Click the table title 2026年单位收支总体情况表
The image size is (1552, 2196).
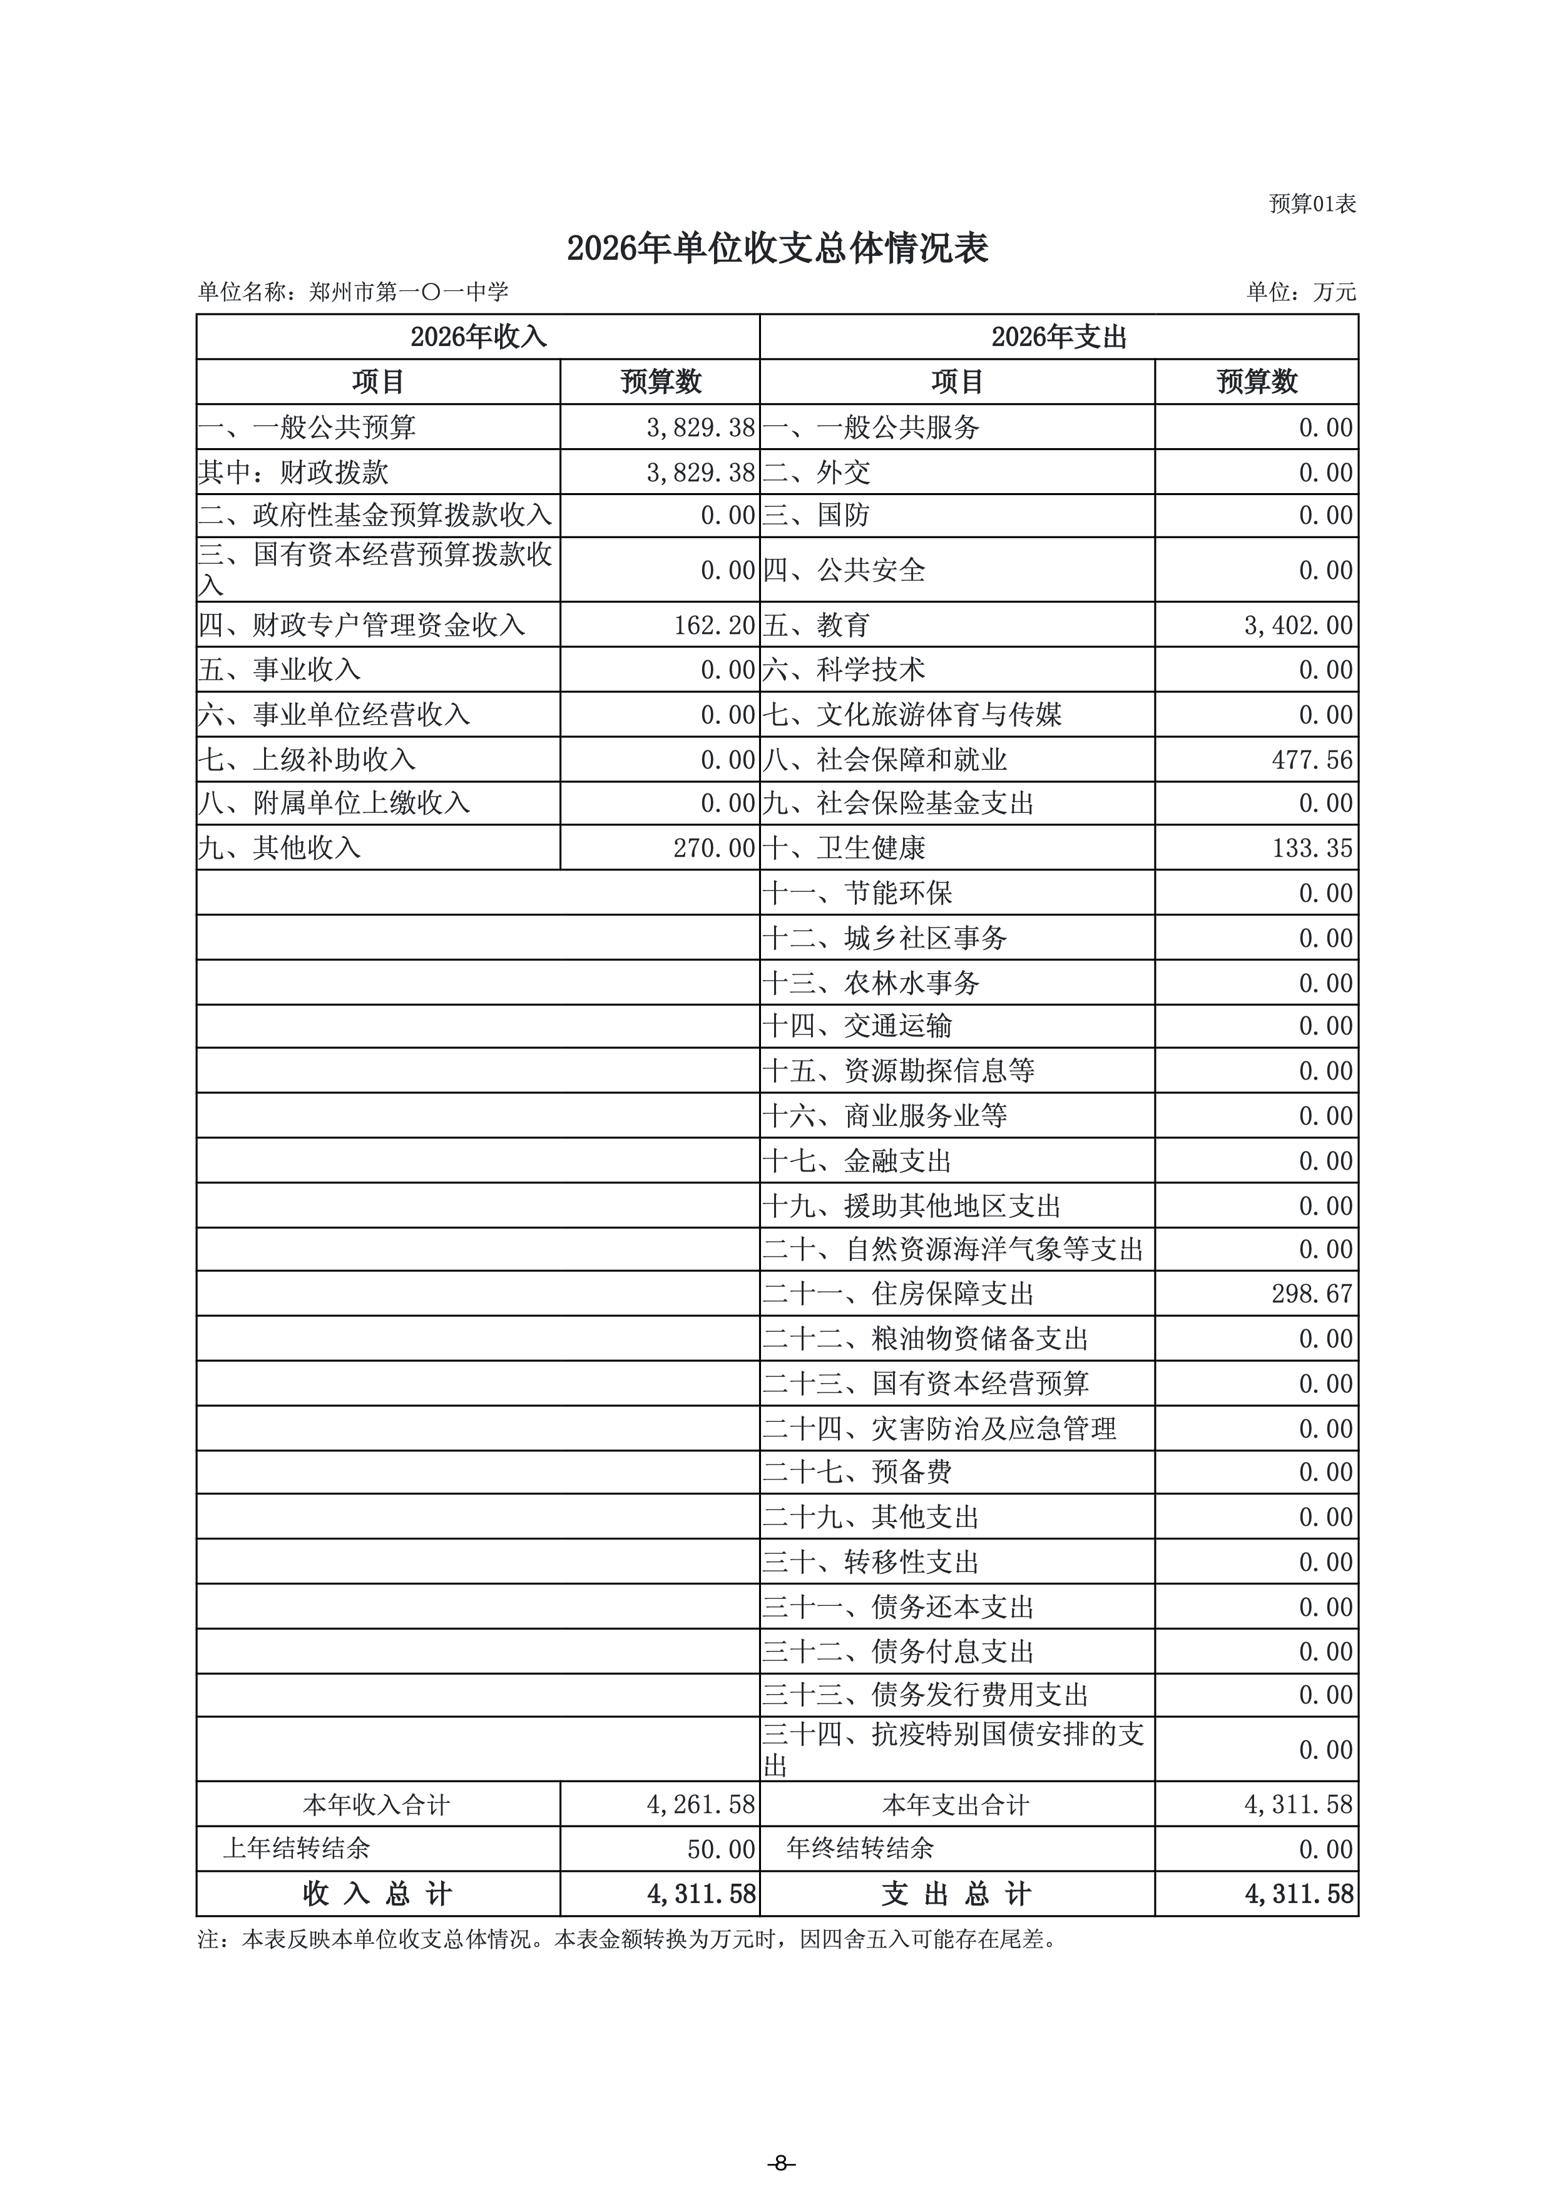click(x=777, y=248)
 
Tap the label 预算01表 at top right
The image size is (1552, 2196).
click(x=1312, y=204)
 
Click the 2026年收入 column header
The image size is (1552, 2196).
click(x=478, y=337)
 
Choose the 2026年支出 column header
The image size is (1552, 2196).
click(x=1059, y=337)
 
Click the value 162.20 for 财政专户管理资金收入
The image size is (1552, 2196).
click(x=714, y=626)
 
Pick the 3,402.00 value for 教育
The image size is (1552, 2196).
click(x=1298, y=626)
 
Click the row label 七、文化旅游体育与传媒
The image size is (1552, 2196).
click(x=911, y=715)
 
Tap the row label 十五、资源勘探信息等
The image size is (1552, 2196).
click(x=898, y=1070)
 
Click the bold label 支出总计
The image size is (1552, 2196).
click(x=956, y=1894)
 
